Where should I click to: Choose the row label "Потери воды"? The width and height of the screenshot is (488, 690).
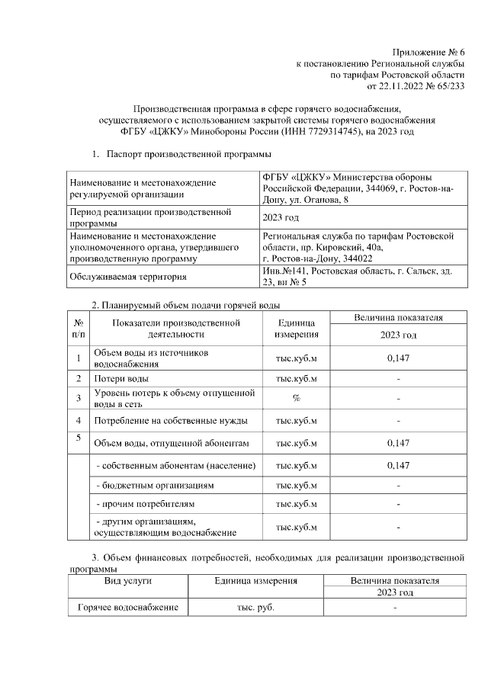coord(121,378)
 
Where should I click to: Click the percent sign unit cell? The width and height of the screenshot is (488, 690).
coord(297,398)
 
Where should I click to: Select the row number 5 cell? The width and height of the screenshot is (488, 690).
coord(79,437)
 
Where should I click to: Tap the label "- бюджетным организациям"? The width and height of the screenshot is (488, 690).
coord(154,485)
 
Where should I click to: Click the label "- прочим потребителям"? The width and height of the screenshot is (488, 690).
coord(145,504)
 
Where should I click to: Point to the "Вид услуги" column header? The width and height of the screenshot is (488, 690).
coord(127,581)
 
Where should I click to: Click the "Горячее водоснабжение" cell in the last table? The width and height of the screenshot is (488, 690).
coord(127,607)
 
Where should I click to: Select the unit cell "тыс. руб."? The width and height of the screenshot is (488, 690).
coord(255,607)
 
